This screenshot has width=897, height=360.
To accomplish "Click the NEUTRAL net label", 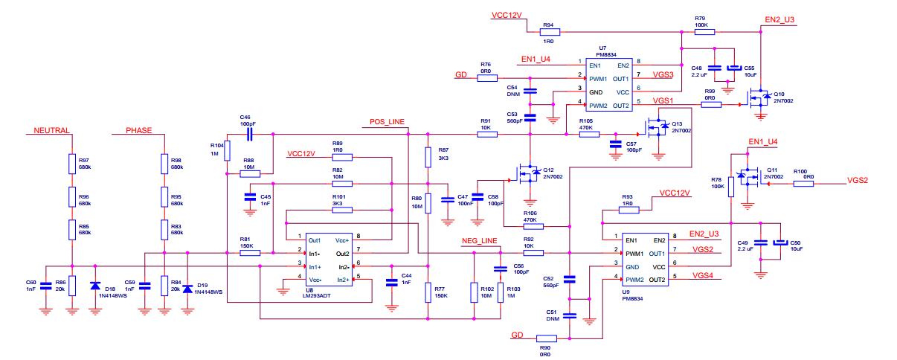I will point(51,130).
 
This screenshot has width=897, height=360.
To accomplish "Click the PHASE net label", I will point(138,130).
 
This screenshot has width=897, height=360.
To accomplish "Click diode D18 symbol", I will point(95,286).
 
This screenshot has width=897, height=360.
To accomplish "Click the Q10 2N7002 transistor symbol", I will point(759,97).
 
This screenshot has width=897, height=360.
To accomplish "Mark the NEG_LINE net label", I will point(479,242).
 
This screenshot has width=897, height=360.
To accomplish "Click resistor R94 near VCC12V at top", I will point(549,32).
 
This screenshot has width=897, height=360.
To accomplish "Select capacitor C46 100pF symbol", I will point(250,134).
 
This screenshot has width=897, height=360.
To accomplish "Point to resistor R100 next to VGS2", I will point(803,182).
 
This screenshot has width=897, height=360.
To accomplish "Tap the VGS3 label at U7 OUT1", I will point(663,74).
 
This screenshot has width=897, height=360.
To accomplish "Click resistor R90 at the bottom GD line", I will point(544,338).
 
